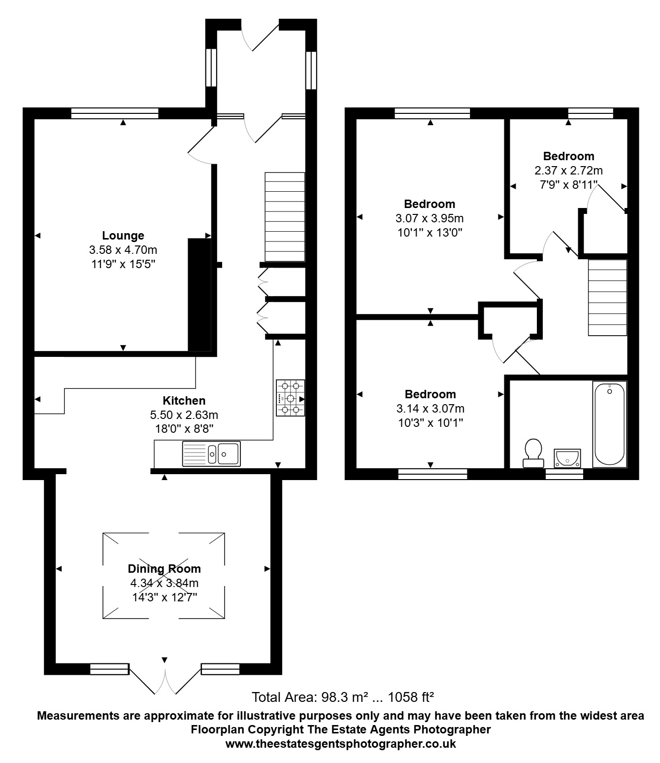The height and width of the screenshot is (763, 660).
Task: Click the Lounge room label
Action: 123,235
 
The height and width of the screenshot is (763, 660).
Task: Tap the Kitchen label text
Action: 184,400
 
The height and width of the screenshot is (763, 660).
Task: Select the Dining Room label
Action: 164,568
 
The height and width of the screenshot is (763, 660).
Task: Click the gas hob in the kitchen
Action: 290,398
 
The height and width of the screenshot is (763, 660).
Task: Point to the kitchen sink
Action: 211,453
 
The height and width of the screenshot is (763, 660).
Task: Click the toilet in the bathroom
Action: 533,453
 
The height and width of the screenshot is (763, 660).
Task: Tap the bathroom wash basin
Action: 567,458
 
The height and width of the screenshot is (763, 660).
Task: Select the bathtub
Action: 609,424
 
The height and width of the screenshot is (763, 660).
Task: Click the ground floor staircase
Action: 285,217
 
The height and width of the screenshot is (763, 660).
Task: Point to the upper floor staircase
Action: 607,298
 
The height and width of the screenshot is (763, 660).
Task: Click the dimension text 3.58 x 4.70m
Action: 123,250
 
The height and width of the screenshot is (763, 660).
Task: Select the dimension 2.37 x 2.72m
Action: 568,171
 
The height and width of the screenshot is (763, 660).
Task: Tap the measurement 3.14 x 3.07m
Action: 430,409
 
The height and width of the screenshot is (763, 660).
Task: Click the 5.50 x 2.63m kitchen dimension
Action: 184,415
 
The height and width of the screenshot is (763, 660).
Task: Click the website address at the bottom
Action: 340,743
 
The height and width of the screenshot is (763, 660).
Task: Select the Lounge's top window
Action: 115,113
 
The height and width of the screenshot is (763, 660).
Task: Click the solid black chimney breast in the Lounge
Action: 199,295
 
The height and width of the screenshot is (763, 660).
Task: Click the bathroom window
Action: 564,474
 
